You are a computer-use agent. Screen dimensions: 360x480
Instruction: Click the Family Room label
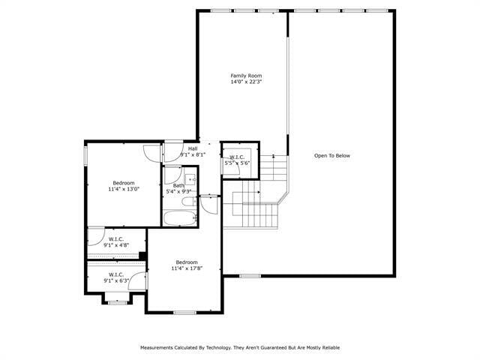(246, 76)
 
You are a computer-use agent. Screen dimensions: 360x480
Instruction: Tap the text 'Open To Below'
(331, 156)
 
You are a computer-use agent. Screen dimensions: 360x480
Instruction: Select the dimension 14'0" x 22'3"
(246, 82)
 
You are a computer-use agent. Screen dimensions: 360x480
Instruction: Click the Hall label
(193, 148)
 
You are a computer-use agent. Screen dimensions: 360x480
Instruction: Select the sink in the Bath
(190, 180)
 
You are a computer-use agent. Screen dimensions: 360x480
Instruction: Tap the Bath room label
(178, 185)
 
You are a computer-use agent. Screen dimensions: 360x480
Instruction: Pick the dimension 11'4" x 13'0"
(124, 190)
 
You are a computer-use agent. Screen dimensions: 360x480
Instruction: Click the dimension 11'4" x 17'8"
(187, 268)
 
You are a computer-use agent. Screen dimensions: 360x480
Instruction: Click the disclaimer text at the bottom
(240, 347)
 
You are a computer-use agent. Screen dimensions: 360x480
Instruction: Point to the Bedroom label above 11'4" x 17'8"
(187, 262)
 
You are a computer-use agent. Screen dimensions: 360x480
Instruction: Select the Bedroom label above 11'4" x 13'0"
(124, 184)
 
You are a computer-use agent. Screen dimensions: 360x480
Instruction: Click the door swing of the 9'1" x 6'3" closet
(140, 282)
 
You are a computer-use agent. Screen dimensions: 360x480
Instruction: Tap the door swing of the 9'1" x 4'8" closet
(96, 237)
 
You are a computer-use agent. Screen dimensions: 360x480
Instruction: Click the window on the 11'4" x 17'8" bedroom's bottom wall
(184, 312)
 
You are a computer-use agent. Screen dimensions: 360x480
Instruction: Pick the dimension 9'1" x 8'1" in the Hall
(193, 154)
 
